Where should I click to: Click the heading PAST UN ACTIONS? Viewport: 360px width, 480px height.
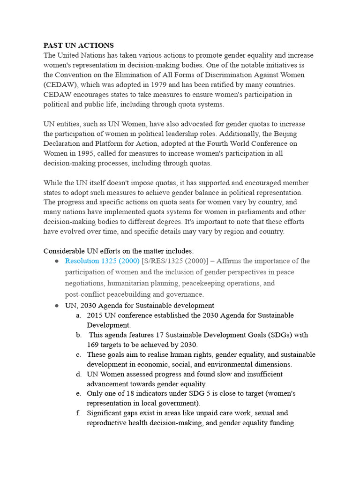point(79,45)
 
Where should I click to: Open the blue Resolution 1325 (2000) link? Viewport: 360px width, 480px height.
point(102,261)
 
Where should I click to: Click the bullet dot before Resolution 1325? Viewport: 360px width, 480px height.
point(57,261)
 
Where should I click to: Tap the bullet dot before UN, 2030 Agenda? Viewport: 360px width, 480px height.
point(57,306)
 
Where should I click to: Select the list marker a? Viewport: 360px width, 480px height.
point(78,315)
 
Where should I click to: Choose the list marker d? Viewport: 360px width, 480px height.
point(78,374)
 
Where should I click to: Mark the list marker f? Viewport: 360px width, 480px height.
point(78,413)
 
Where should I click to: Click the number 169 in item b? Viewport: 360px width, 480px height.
point(93,345)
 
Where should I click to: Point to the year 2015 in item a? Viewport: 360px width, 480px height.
point(95,315)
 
